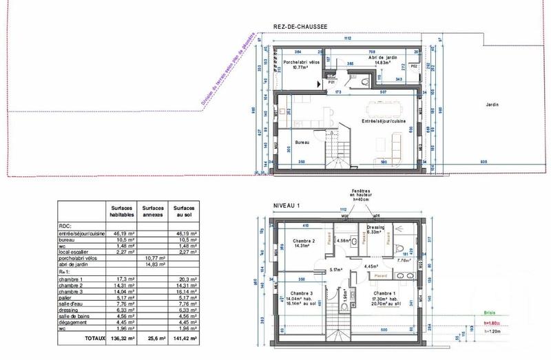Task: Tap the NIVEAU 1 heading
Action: pos(288,205)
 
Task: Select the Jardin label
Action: pos(490,105)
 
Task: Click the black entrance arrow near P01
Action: pos(318,83)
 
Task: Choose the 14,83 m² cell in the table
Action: pos(152,264)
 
